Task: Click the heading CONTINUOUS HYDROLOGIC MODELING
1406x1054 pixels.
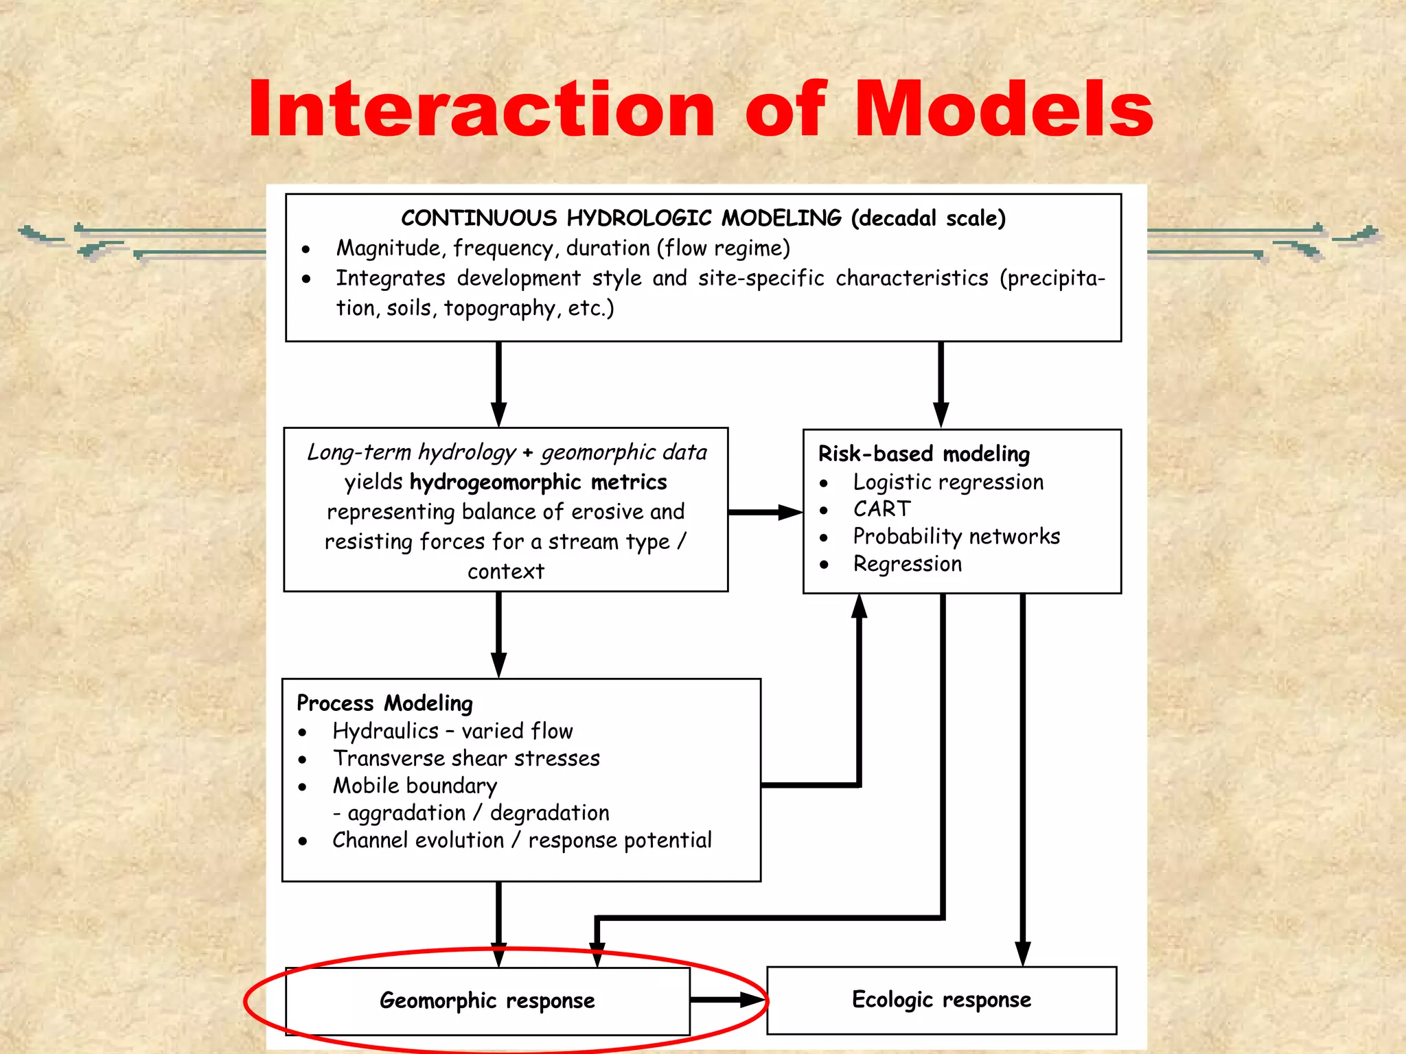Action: [x=621, y=218]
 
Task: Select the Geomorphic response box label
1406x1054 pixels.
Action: [x=487, y=1000]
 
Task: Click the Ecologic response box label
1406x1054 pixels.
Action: [x=941, y=1000]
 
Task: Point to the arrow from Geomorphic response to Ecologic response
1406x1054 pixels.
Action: [x=728, y=1000]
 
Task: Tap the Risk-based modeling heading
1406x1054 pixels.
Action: [x=924, y=454]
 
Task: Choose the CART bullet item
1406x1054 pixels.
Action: [x=882, y=509]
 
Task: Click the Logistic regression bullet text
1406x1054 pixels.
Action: [x=948, y=482]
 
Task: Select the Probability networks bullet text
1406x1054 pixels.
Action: [x=956, y=536]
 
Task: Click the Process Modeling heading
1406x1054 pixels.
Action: [x=384, y=703]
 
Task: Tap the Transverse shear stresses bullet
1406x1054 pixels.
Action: [x=466, y=758]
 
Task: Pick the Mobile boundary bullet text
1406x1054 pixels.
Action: [x=415, y=786]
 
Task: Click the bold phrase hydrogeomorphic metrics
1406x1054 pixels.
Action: [x=538, y=482]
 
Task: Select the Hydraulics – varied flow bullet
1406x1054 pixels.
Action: [x=452, y=731]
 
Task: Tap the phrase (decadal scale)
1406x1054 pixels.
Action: [x=928, y=218]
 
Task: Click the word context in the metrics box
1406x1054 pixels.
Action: [x=506, y=571]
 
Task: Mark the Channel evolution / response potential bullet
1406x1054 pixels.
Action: [x=522, y=841]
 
